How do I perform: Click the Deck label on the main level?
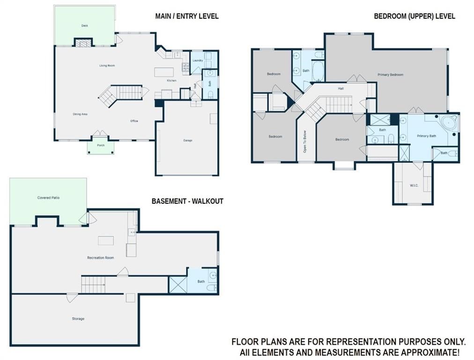pos(85,26)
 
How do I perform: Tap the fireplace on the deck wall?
pos(83,43)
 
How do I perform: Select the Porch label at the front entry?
pos(101,145)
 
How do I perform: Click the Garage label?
pos(188,140)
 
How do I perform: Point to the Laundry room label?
pos(197,60)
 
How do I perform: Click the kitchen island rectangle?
pos(164,72)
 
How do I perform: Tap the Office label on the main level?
pos(134,121)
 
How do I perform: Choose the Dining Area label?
pos(80,114)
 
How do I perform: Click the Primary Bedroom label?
pos(390,75)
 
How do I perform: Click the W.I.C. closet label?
pos(414,185)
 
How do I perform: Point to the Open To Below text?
pos(305,141)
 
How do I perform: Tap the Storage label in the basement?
pos(78,319)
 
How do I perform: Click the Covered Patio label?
pos(48,197)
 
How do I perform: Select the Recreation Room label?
pos(101,258)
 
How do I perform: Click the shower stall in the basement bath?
pos(178,285)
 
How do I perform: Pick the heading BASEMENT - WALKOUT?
pos(187,201)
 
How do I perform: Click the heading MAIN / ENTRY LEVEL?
pos(187,16)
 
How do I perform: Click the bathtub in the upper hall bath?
pos(318,71)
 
